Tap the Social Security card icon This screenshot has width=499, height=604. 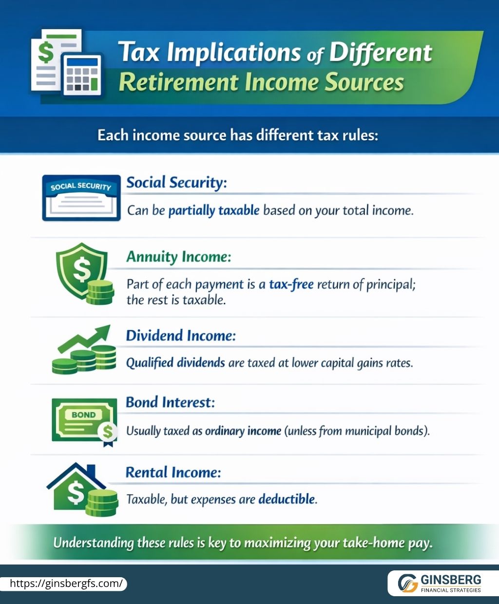pyautogui.click(x=81, y=198)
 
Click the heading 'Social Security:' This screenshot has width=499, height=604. pyautogui.click(x=176, y=183)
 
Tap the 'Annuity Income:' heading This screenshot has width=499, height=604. pyautogui.click(x=178, y=257)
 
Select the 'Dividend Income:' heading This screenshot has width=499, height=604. pyautogui.click(x=181, y=336)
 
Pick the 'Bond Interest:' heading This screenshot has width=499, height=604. pyautogui.click(x=170, y=402)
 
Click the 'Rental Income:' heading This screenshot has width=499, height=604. pyautogui.click(x=173, y=472)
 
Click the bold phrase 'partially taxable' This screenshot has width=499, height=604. pyautogui.click(x=213, y=211)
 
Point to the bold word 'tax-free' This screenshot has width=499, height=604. pyautogui.click(x=291, y=284)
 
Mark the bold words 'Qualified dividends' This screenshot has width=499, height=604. pyautogui.click(x=175, y=363)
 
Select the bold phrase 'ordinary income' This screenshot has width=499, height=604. pyautogui.click(x=243, y=431)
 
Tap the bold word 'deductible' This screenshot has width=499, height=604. pyautogui.click(x=287, y=499)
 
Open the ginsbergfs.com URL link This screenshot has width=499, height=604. pyautogui.click(x=66, y=584)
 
